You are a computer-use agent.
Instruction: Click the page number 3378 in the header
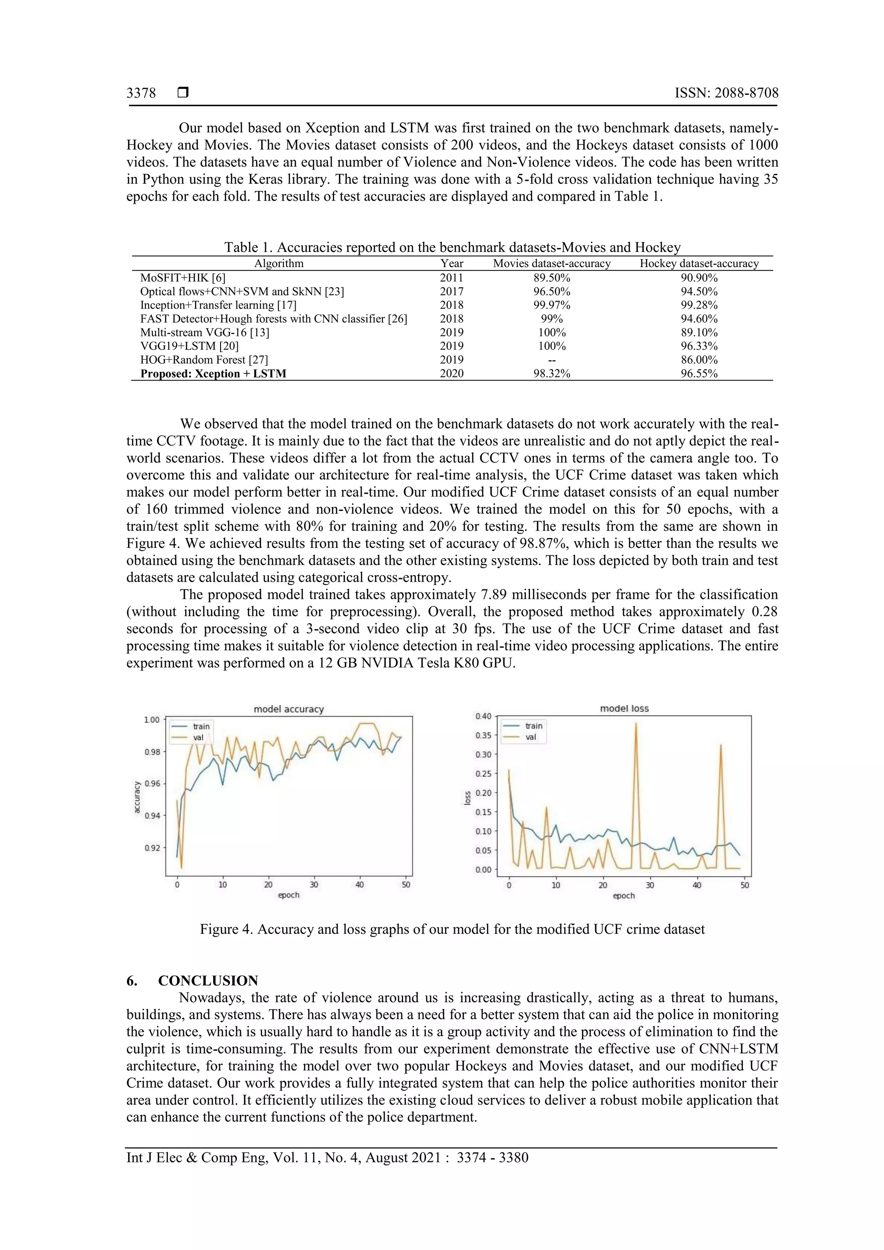point(141,94)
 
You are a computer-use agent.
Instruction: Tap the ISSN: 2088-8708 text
point(726,93)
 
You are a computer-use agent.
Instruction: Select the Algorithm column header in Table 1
point(279,264)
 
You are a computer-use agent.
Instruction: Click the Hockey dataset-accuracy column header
point(699,264)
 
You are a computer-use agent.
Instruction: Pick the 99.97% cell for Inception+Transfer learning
point(552,305)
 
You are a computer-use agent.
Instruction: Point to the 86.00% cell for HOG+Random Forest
point(699,360)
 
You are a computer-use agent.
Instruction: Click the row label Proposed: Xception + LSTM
point(213,374)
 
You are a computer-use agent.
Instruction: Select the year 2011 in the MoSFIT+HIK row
point(451,277)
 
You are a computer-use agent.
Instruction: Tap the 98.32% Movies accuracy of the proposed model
point(552,374)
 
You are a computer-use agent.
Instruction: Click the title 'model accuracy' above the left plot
point(289,709)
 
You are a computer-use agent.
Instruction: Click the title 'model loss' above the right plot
point(624,709)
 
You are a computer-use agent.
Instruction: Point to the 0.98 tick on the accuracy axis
point(152,752)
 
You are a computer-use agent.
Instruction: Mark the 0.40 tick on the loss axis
point(483,716)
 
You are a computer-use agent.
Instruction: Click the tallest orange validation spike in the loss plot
point(636,724)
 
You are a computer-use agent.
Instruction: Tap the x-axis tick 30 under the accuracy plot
point(314,885)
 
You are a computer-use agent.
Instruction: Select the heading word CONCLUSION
point(208,981)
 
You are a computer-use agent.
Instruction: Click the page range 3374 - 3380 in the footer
point(493,1158)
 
